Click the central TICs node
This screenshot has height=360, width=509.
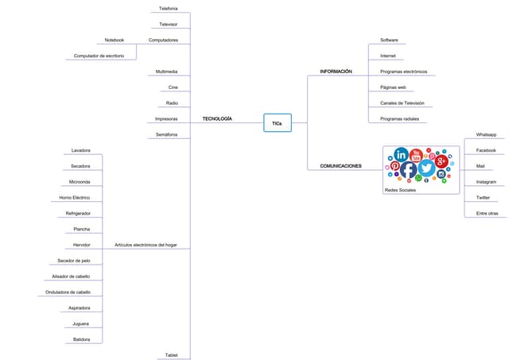(277, 123)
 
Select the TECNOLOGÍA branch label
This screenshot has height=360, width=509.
(217, 118)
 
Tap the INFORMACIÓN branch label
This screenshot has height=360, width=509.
(336, 72)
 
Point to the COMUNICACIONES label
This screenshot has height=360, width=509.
(340, 166)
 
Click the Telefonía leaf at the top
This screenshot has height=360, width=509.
(169, 9)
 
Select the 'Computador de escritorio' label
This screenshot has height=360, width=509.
(99, 56)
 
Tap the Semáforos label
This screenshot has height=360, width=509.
(167, 134)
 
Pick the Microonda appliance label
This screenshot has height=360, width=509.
(80, 182)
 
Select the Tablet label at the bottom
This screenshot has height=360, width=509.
(171, 354)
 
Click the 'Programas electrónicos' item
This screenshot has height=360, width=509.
(403, 72)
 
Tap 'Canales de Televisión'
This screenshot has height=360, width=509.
(402, 103)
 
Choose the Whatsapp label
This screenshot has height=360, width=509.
(486, 134)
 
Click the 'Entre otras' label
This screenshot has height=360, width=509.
(487, 213)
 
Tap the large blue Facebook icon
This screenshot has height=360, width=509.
(408, 169)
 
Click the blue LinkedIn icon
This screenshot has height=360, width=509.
(401, 154)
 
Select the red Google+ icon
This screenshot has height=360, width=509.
(441, 161)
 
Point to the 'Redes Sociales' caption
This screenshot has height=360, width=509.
(400, 190)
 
